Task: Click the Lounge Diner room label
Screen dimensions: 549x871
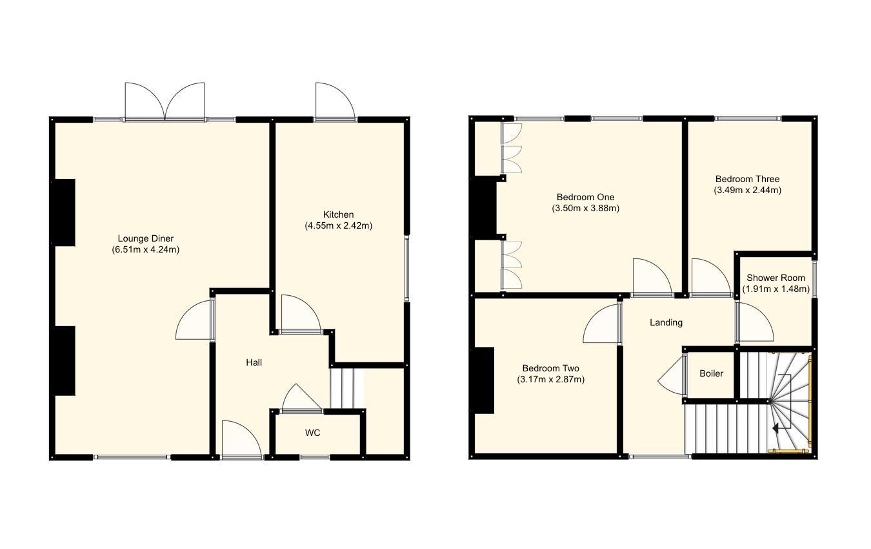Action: click(x=145, y=238)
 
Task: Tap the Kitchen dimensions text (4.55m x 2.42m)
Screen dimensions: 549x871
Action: click(x=338, y=225)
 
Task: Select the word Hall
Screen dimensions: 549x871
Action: click(x=254, y=362)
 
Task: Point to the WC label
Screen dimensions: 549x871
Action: click(x=313, y=433)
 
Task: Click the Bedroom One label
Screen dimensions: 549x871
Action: click(x=585, y=197)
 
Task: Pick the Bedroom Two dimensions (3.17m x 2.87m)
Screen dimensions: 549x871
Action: click(x=550, y=379)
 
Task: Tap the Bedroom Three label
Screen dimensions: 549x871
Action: click(x=747, y=179)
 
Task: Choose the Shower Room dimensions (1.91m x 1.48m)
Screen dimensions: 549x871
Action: click(x=776, y=289)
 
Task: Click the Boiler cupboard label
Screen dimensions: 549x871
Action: click(x=711, y=373)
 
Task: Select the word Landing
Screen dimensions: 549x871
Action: click(x=666, y=322)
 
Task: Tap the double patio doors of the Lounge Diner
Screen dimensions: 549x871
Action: click(x=165, y=102)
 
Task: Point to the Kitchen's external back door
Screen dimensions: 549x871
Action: click(x=334, y=103)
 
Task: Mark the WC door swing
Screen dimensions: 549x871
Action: click(x=300, y=398)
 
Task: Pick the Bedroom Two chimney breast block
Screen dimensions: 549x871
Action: click(x=484, y=380)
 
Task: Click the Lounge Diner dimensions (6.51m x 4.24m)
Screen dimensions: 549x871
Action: click(x=145, y=249)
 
